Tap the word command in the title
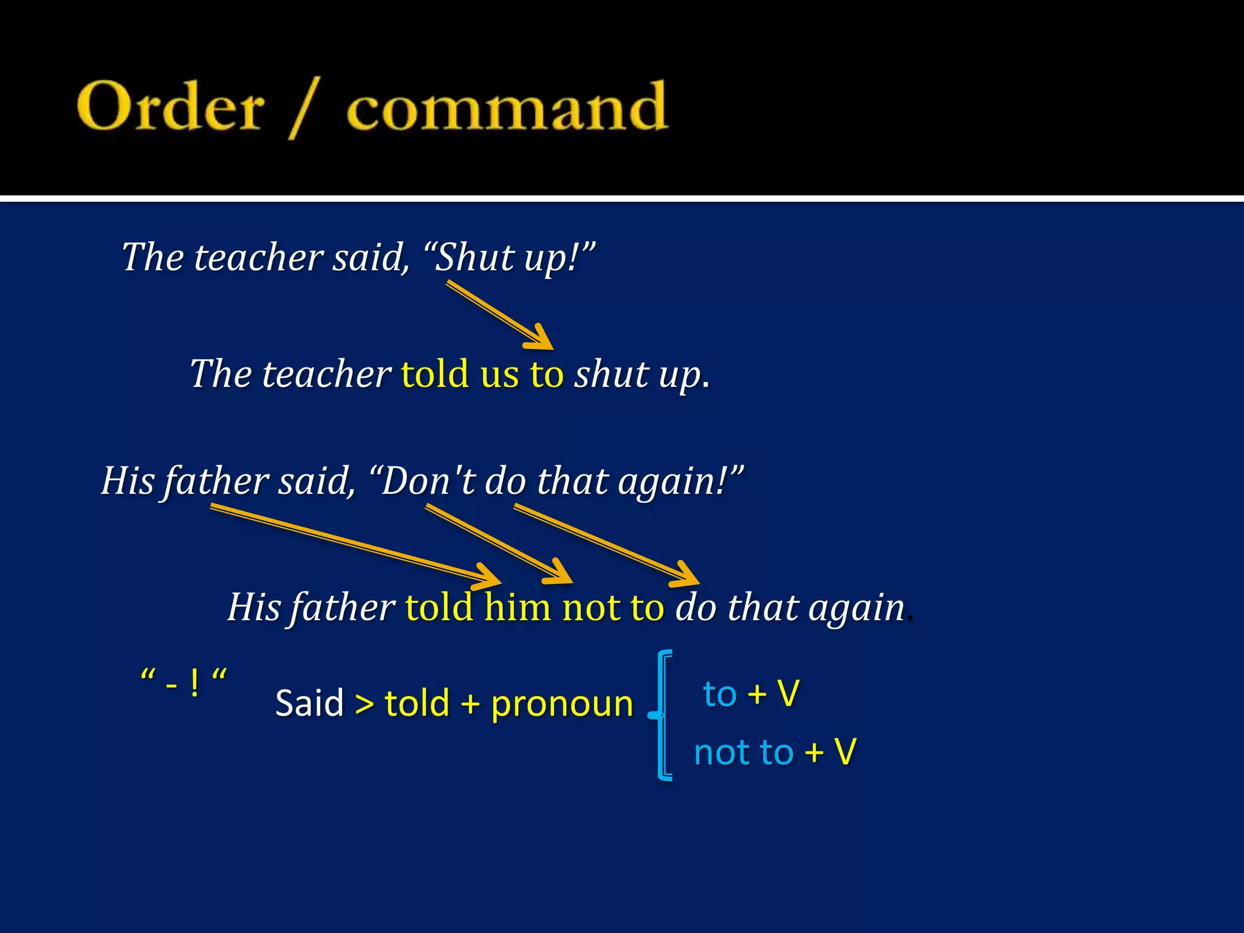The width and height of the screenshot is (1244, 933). coord(507,108)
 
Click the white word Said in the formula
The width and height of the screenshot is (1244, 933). coord(309,703)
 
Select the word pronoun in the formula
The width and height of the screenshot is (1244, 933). coord(562,703)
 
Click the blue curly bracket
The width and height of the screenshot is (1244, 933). coord(663,715)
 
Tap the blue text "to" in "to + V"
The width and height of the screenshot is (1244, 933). coord(719,694)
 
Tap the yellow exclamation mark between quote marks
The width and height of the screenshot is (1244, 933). coord(194,683)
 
